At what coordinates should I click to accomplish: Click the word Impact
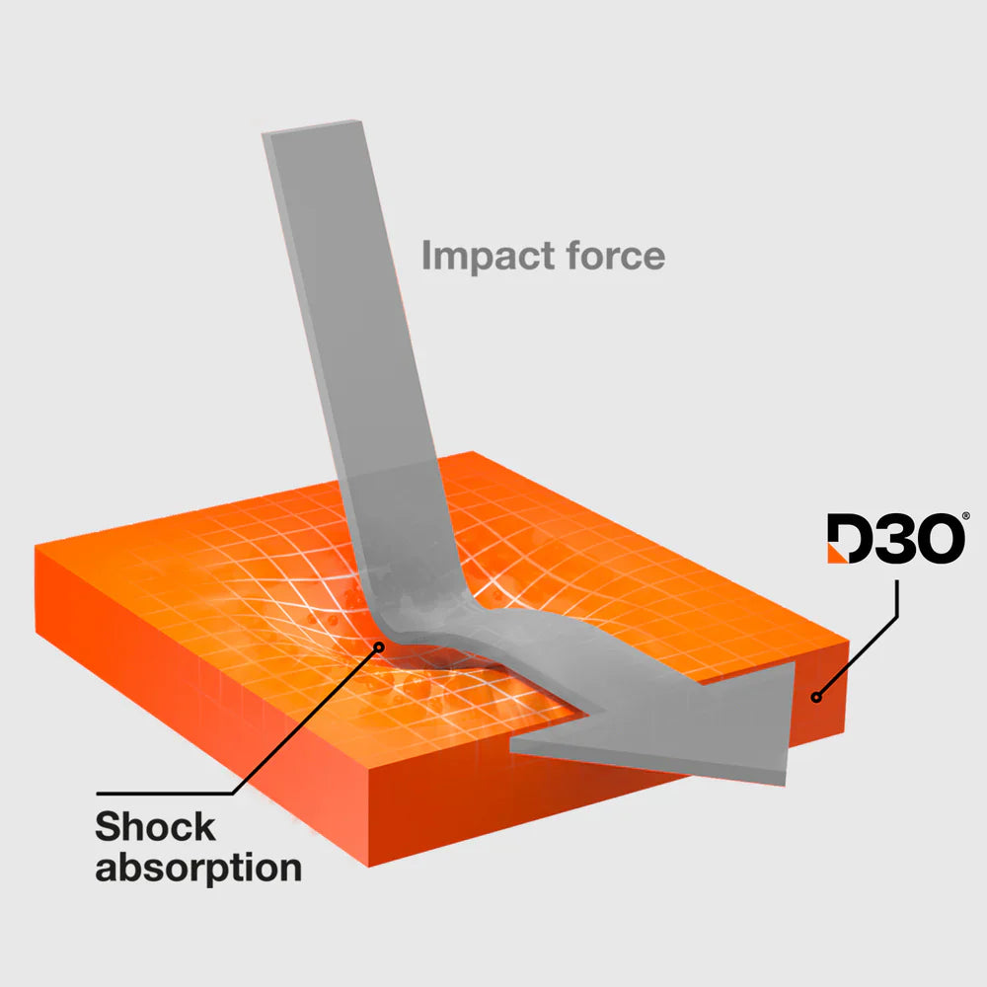489,257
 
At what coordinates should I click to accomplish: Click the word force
615,255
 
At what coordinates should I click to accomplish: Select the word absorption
198,869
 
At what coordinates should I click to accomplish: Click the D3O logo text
896,538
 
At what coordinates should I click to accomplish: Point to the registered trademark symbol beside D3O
966,516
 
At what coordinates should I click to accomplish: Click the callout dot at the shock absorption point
379,646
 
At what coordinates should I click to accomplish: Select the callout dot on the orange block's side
816,697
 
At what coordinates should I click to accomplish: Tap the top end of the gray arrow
312,127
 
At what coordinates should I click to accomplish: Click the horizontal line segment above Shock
165,794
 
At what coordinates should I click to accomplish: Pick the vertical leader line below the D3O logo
897,598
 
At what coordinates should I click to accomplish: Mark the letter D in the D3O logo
850,539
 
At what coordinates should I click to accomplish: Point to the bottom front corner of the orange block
368,867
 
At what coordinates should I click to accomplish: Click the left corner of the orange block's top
36,548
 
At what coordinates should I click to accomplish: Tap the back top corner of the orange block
472,452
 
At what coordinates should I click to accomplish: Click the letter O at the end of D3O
941,539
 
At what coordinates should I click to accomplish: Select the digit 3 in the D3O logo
894,538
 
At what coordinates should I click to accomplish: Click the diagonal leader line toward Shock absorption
306,721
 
